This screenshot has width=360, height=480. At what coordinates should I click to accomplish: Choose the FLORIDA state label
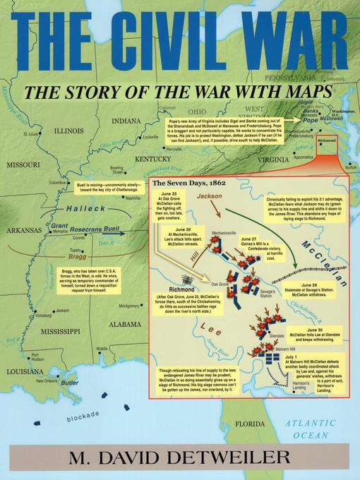click(250, 424)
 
